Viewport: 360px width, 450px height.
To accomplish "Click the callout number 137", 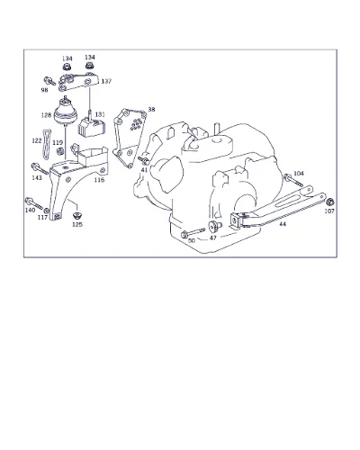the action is [x=106, y=81].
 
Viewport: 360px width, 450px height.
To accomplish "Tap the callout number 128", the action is [x=46, y=115].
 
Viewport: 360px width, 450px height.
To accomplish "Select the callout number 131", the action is [x=100, y=114].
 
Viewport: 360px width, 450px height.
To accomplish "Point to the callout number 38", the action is [x=151, y=110].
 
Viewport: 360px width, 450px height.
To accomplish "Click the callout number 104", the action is [x=299, y=174].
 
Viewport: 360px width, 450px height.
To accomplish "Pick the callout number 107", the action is [x=329, y=211].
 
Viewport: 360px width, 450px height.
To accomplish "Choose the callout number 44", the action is [x=283, y=224].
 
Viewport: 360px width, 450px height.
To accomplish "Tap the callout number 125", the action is [x=77, y=224].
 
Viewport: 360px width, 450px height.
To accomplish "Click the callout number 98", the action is [x=44, y=90].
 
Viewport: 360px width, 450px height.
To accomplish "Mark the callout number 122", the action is [x=37, y=140].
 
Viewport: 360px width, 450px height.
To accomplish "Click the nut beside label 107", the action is [x=330, y=202].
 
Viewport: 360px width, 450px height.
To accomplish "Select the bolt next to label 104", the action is [x=293, y=180].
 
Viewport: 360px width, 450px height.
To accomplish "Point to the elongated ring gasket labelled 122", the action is [x=45, y=144].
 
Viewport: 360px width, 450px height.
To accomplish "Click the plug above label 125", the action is [x=77, y=215].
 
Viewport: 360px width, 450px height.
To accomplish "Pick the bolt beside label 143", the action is [x=40, y=168].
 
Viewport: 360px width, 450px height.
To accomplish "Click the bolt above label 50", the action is [x=193, y=232].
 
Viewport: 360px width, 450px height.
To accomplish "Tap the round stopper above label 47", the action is [x=214, y=226].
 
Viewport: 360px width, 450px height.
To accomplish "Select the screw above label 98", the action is [x=49, y=81].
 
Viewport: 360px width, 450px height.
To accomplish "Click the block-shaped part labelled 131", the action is [x=92, y=126].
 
